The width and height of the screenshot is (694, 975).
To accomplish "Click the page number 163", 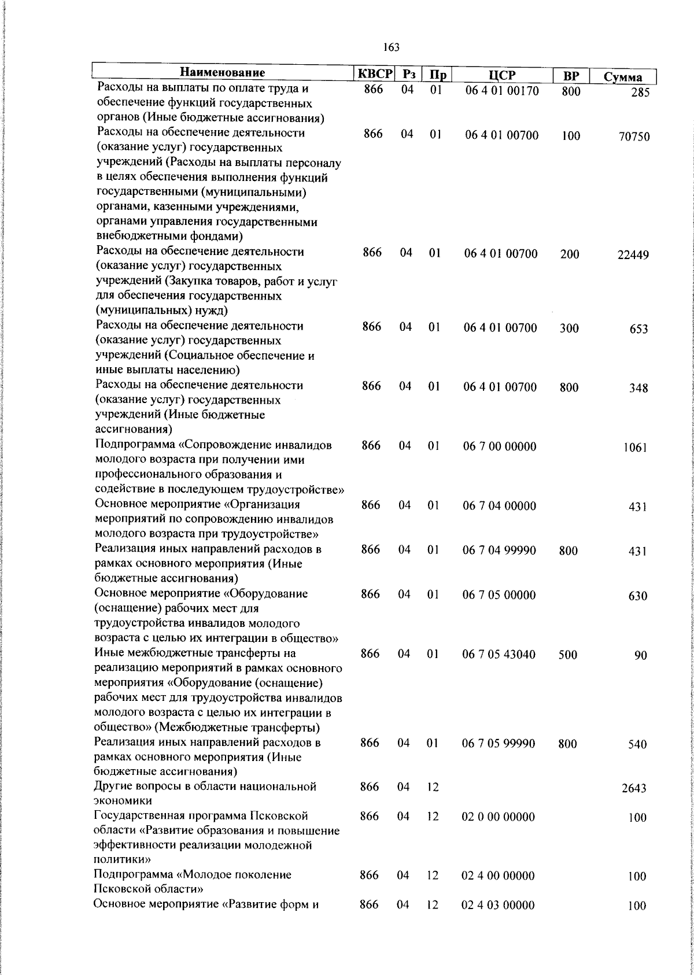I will (391, 47).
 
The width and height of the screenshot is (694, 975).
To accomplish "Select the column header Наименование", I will (222, 72).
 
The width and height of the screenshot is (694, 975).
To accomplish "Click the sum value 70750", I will (633, 137).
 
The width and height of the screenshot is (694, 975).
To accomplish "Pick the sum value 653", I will (638, 329).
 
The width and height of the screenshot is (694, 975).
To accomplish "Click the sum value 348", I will (638, 389).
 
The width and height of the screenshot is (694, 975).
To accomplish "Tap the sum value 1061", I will (635, 448).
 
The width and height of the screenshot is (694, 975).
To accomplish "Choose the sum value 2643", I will (634, 788).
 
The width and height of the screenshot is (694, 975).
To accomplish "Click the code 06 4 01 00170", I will (502, 90).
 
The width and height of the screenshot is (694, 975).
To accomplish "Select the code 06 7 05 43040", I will (499, 654).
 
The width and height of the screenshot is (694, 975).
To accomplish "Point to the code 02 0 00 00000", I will (499, 817).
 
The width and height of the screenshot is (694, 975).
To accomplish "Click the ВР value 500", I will (569, 655).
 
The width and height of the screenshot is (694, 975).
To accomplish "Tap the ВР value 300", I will (570, 328).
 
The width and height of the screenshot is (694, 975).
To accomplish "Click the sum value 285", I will (640, 93).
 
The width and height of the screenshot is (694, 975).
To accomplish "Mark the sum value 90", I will (640, 656).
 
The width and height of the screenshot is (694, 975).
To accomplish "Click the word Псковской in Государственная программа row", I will (279, 816).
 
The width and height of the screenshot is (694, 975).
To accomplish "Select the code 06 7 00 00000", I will (500, 446).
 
